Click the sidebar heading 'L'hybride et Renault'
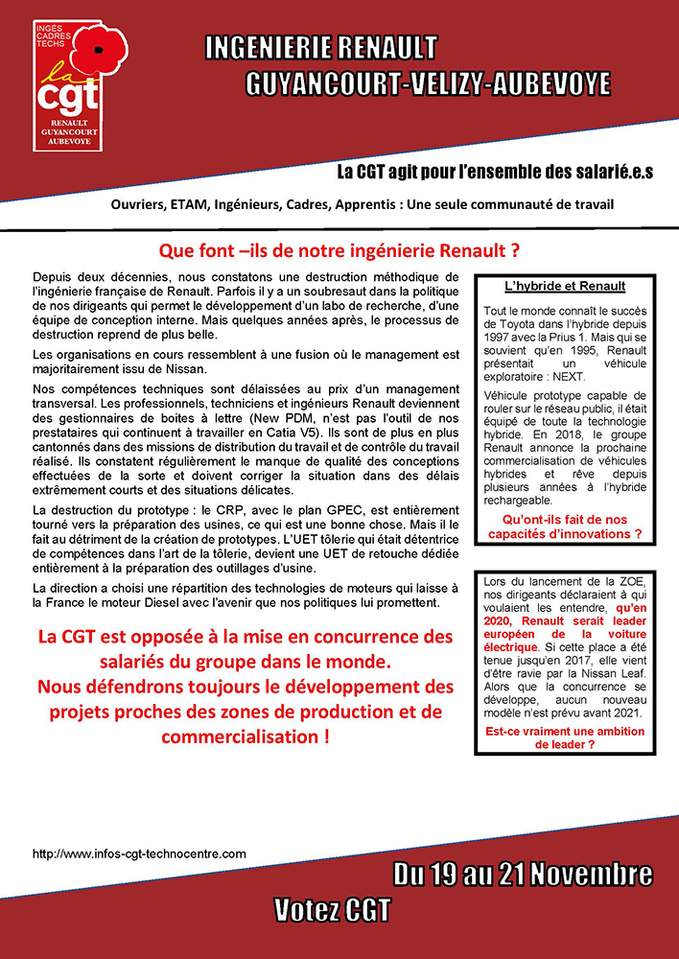(565, 286)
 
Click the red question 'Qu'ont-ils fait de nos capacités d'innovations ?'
(565, 526)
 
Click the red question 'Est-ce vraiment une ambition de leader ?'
(565, 737)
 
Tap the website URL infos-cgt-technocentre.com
(139, 853)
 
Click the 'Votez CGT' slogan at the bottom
(332, 908)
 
